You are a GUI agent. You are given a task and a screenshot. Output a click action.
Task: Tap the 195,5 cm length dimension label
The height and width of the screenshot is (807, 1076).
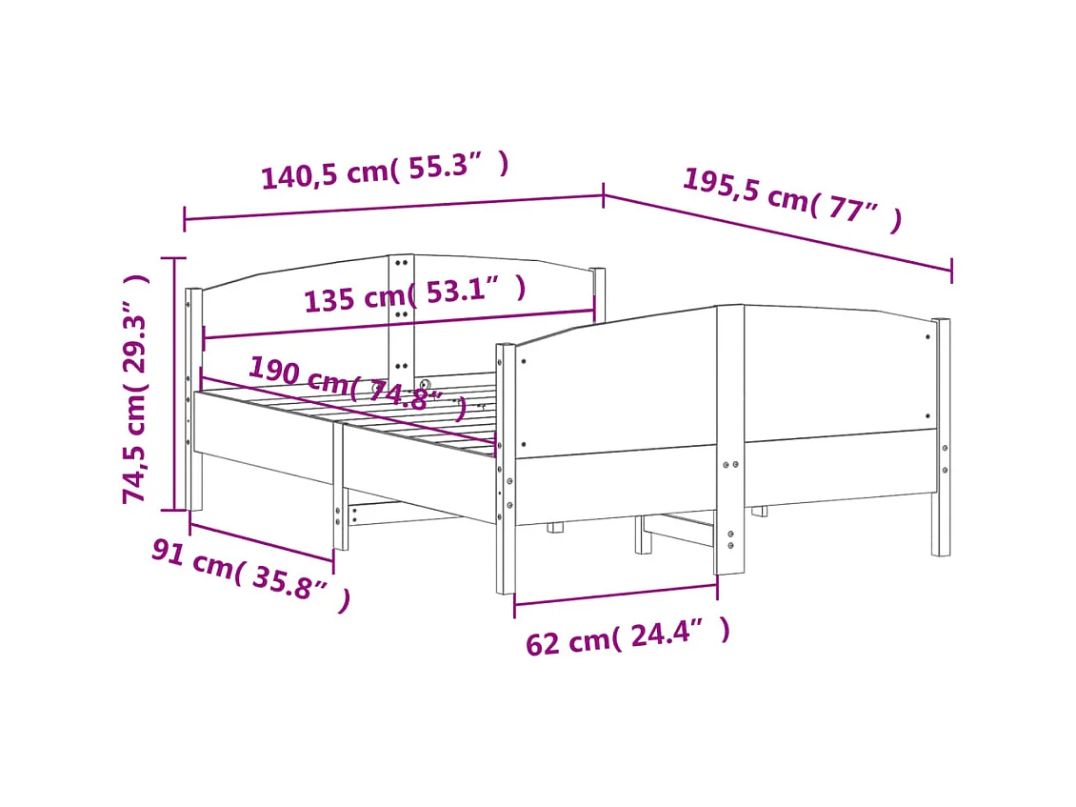(x=791, y=199)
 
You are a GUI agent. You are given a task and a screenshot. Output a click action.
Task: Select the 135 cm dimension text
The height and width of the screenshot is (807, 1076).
(x=414, y=293)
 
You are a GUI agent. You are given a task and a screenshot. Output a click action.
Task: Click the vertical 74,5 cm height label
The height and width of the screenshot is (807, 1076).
(x=137, y=389)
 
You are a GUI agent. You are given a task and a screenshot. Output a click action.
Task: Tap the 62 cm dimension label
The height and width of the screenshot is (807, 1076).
(x=628, y=636)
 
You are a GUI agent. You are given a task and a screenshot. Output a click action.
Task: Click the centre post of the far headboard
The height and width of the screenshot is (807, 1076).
(x=401, y=314)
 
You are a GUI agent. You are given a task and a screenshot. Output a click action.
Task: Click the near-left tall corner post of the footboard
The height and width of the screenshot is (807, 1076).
(x=506, y=467)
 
